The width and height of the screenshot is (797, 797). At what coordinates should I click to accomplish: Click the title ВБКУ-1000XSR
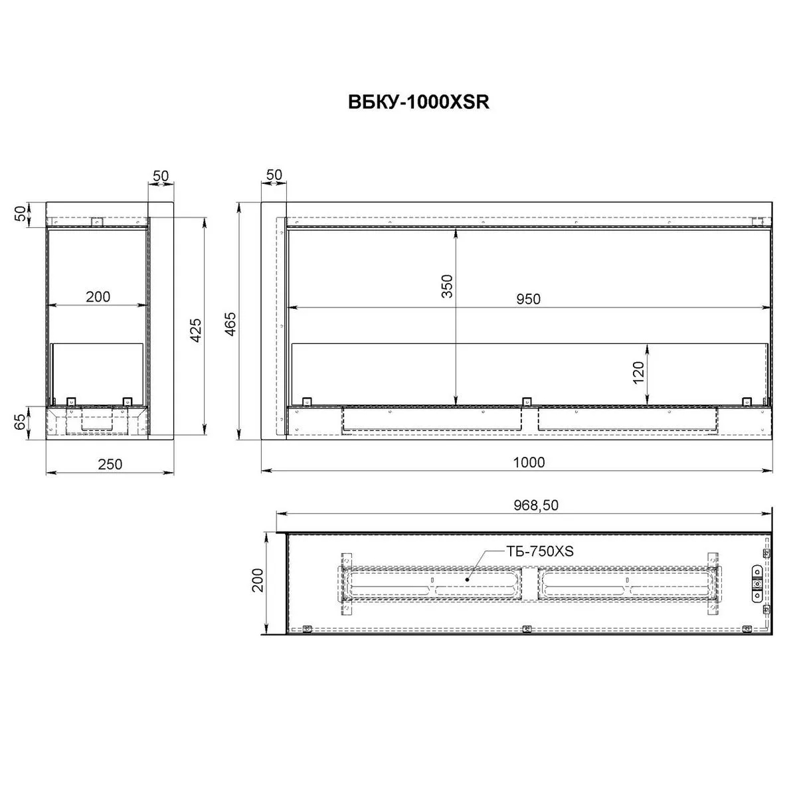(418, 102)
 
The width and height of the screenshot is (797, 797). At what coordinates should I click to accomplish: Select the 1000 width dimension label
(529, 462)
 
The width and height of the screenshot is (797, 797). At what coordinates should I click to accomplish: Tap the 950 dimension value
(528, 299)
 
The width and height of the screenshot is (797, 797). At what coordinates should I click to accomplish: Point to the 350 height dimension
(447, 286)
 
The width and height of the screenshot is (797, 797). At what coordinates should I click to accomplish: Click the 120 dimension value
(638, 372)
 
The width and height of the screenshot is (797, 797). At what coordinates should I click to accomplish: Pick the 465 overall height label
(230, 324)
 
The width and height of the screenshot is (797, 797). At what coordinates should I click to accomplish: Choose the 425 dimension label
(196, 330)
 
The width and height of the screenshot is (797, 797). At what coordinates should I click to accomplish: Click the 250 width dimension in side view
(110, 464)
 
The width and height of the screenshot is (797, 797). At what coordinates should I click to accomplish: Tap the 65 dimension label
(21, 422)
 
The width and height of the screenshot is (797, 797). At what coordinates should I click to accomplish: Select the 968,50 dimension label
(536, 505)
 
